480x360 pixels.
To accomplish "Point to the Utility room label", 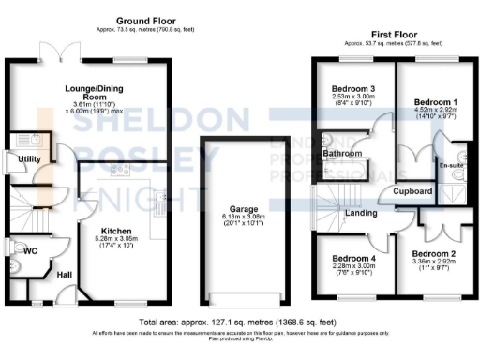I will (x=29, y=159).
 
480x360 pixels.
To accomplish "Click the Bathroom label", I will (x=342, y=153).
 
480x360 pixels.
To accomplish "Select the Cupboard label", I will (x=412, y=192).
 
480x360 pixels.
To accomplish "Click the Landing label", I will (x=362, y=214).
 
